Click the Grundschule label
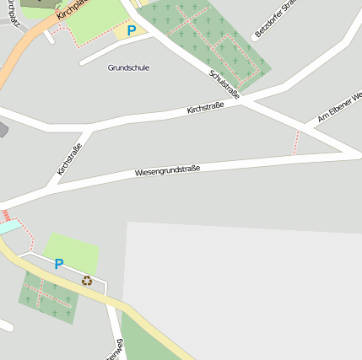pyautogui.click(x=128, y=67)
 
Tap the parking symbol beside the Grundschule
pyautogui.click(x=131, y=30)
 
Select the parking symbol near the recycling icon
pyautogui.click(x=58, y=264)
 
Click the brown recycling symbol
pyautogui.click(x=86, y=281)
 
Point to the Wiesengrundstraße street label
pyautogui.click(x=167, y=171)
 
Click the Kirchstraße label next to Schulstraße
pyautogui.click(x=205, y=108)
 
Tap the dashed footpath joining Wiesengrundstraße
pyautogui.click(x=296, y=142)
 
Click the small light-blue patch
pyautogui.click(x=8, y=226)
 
